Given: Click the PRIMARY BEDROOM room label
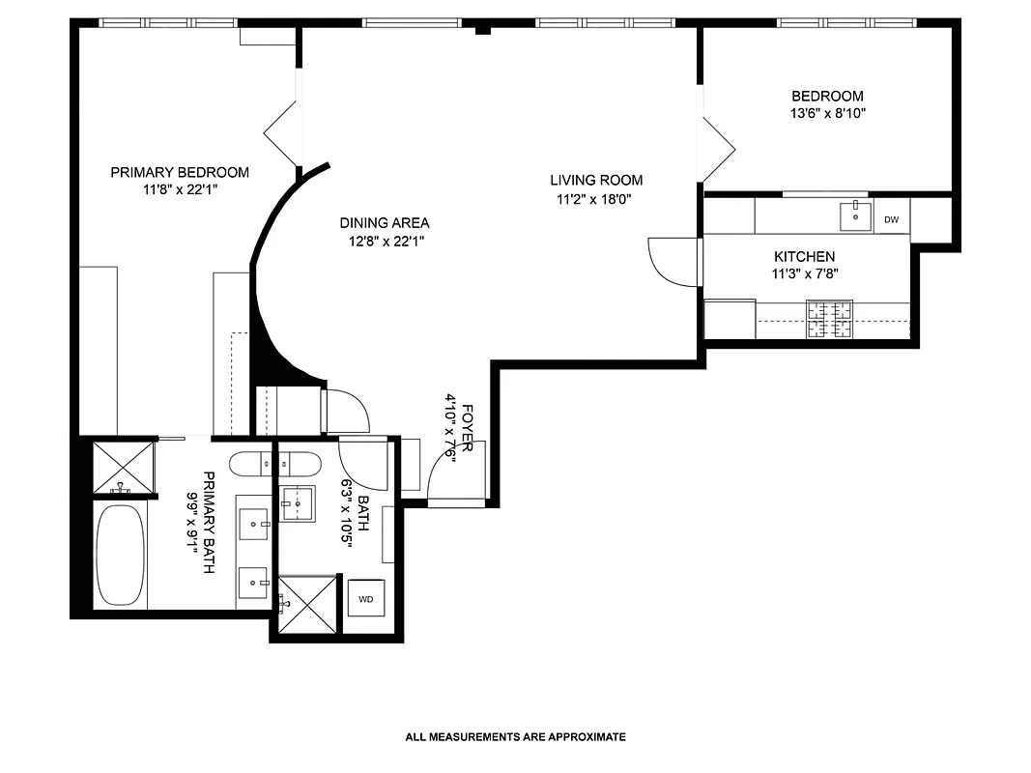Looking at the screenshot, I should (x=179, y=172).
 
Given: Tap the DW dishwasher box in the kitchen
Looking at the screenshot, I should (x=891, y=220).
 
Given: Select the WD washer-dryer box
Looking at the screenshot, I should (x=365, y=599).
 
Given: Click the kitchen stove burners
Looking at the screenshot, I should (x=830, y=320).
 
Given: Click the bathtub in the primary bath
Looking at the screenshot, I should (x=121, y=554).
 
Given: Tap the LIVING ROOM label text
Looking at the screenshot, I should (x=596, y=180).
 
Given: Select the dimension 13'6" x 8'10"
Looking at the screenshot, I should (x=827, y=113).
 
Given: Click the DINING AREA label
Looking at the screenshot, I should (x=384, y=222).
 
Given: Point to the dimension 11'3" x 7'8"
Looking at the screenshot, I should (x=804, y=273).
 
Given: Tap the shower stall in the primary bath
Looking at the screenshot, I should (x=123, y=467).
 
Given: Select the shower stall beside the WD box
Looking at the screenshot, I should (x=307, y=604).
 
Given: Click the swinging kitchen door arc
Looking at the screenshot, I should (x=671, y=261).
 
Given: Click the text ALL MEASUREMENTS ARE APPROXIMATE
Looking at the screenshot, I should (x=515, y=736).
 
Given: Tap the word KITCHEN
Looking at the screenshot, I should (x=804, y=257).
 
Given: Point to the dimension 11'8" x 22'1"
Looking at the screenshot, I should (x=179, y=190).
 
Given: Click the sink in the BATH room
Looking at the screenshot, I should (x=298, y=502).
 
